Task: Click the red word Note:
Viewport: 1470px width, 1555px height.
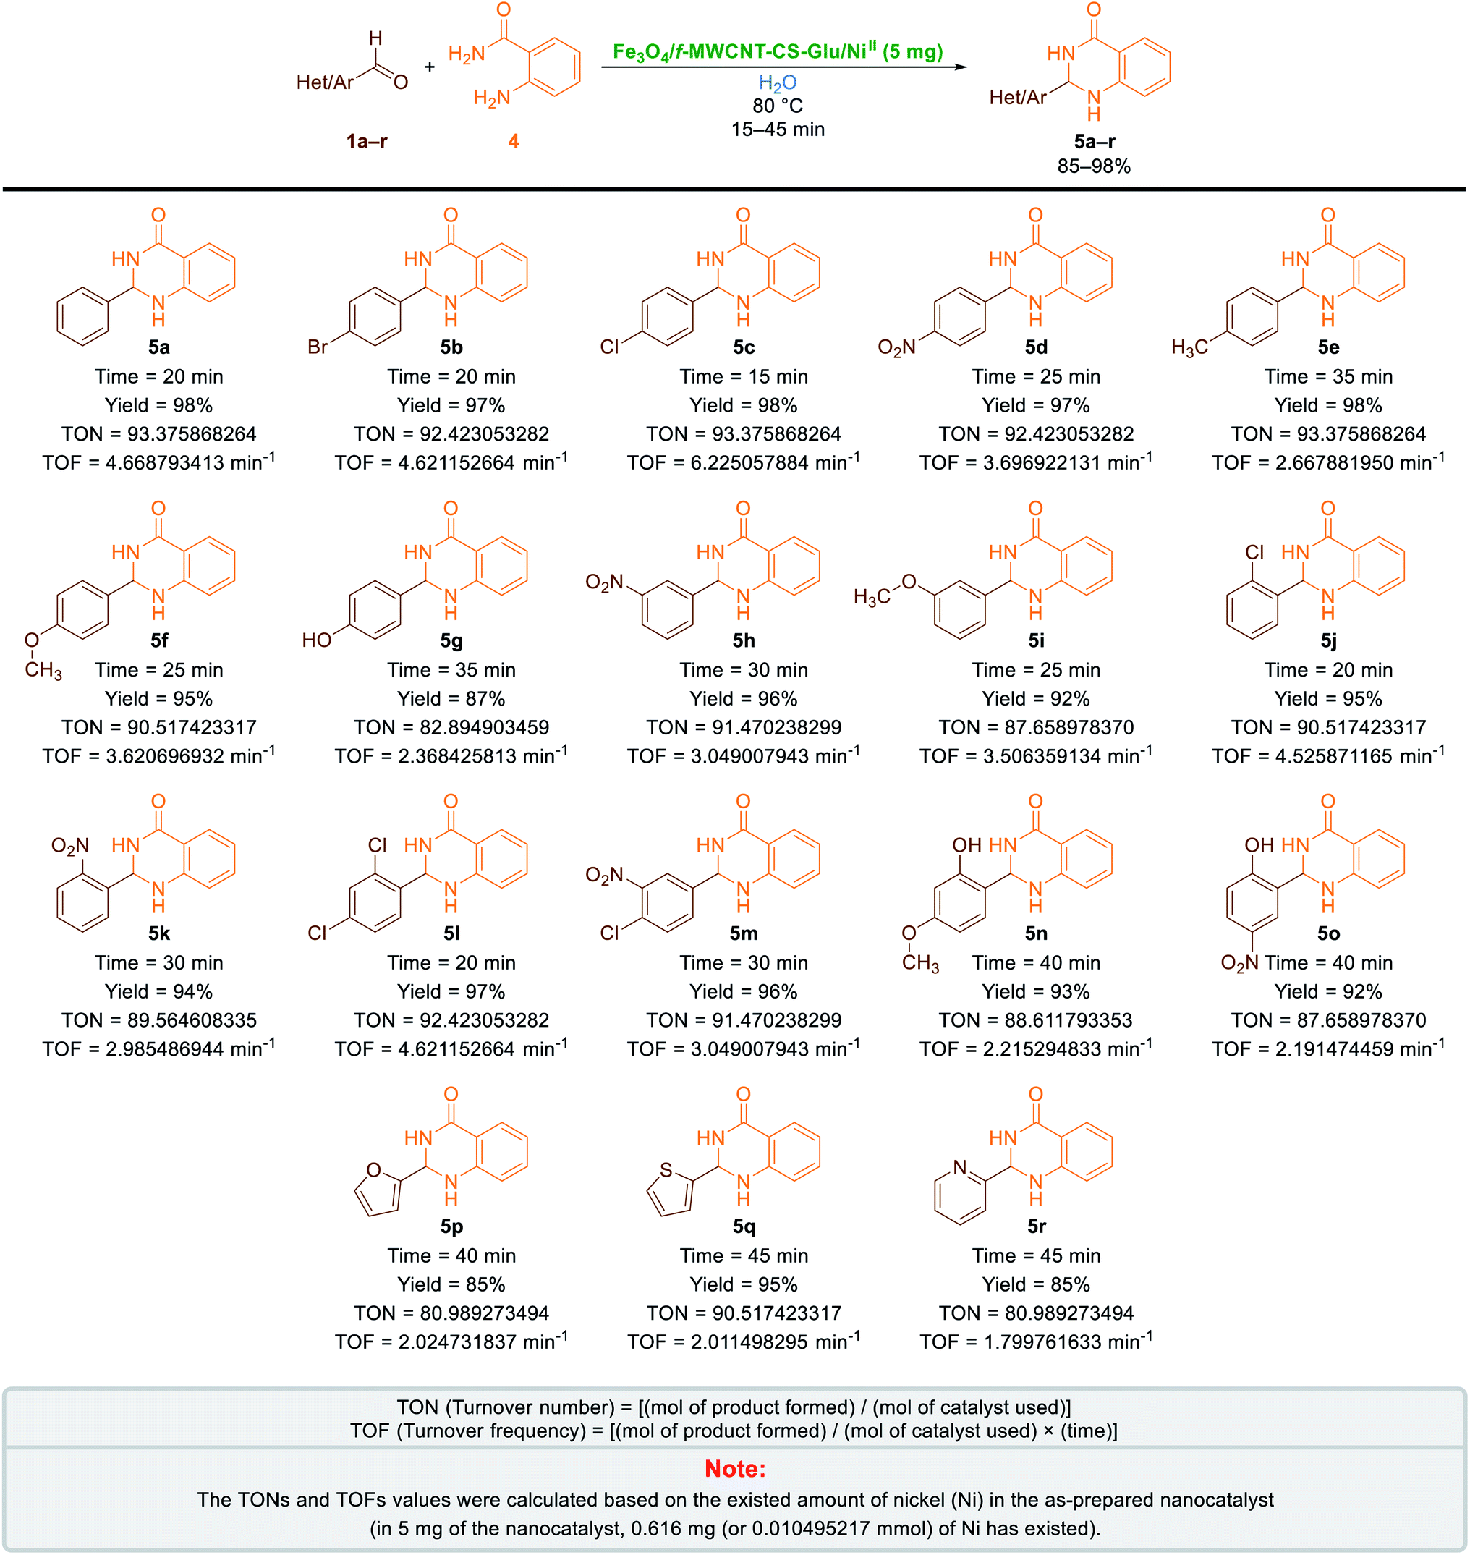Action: click(x=734, y=1468)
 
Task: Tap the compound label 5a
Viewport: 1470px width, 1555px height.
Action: click(x=159, y=347)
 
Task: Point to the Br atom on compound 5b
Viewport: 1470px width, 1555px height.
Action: click(x=318, y=347)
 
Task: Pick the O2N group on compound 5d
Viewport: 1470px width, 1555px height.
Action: click(x=896, y=347)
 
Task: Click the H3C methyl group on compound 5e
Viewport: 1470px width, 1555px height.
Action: click(x=1189, y=347)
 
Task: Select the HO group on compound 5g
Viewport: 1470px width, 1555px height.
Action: click(x=317, y=640)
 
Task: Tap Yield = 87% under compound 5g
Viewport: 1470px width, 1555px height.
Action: click(x=451, y=698)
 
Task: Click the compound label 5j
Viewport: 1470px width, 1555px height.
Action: click(x=1329, y=640)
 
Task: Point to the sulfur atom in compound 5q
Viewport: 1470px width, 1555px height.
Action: click(x=666, y=1170)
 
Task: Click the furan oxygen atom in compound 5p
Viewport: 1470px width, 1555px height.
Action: click(x=374, y=1170)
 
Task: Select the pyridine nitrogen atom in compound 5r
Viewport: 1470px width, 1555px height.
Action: click(x=960, y=1168)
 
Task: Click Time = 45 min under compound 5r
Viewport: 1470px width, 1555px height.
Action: click(x=1036, y=1255)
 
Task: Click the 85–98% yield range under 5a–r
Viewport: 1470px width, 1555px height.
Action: click(x=1094, y=166)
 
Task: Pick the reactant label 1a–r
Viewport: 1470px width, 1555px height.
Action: click(x=367, y=141)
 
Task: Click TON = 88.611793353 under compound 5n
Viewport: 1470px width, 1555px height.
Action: click(x=1036, y=1020)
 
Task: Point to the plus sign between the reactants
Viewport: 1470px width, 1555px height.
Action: click(x=430, y=67)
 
